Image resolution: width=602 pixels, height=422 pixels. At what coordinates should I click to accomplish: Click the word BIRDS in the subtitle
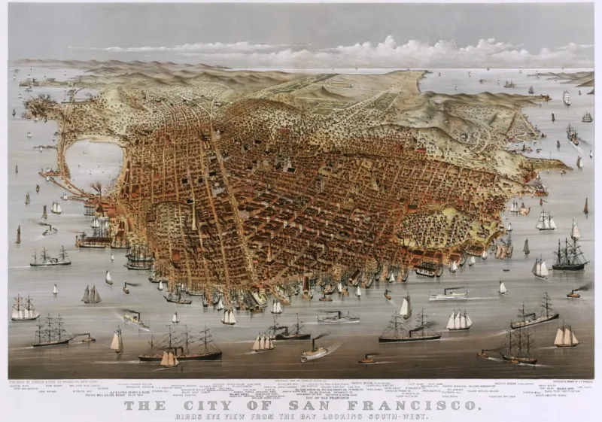[187, 416]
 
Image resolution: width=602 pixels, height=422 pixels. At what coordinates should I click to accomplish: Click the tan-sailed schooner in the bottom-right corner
[566, 336]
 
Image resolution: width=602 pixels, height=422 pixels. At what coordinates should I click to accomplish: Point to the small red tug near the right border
[573, 293]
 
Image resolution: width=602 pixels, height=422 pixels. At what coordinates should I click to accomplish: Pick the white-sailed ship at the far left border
[24, 308]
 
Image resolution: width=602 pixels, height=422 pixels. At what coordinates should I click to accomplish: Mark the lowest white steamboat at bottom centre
[314, 353]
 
